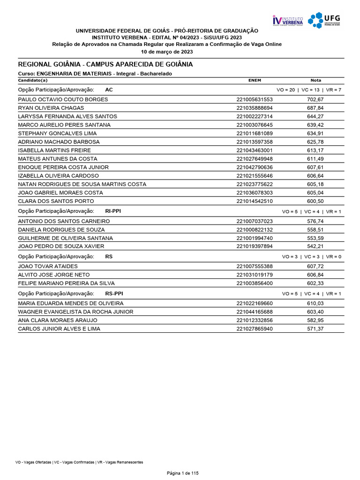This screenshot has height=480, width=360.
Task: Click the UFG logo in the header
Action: point(324,20)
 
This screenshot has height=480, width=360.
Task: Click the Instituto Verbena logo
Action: point(288,20)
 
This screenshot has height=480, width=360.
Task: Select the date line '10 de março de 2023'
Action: point(167,52)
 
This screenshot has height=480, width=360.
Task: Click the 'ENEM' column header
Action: point(254,80)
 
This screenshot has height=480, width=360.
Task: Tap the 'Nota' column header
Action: point(315,80)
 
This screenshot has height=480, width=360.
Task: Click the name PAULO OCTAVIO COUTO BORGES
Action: point(63,99)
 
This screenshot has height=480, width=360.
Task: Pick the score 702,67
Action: point(315,99)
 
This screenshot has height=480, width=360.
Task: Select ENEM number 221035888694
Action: point(254,108)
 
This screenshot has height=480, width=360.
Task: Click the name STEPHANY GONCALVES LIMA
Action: point(57,133)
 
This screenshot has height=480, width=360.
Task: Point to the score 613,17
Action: point(315,150)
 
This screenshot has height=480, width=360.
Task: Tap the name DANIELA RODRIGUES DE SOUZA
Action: point(61,230)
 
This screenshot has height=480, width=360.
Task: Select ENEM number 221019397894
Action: point(254,247)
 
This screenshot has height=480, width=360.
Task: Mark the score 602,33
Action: point(315,283)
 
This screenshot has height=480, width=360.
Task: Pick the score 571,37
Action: point(315,329)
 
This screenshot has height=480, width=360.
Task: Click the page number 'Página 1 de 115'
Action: point(183,473)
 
